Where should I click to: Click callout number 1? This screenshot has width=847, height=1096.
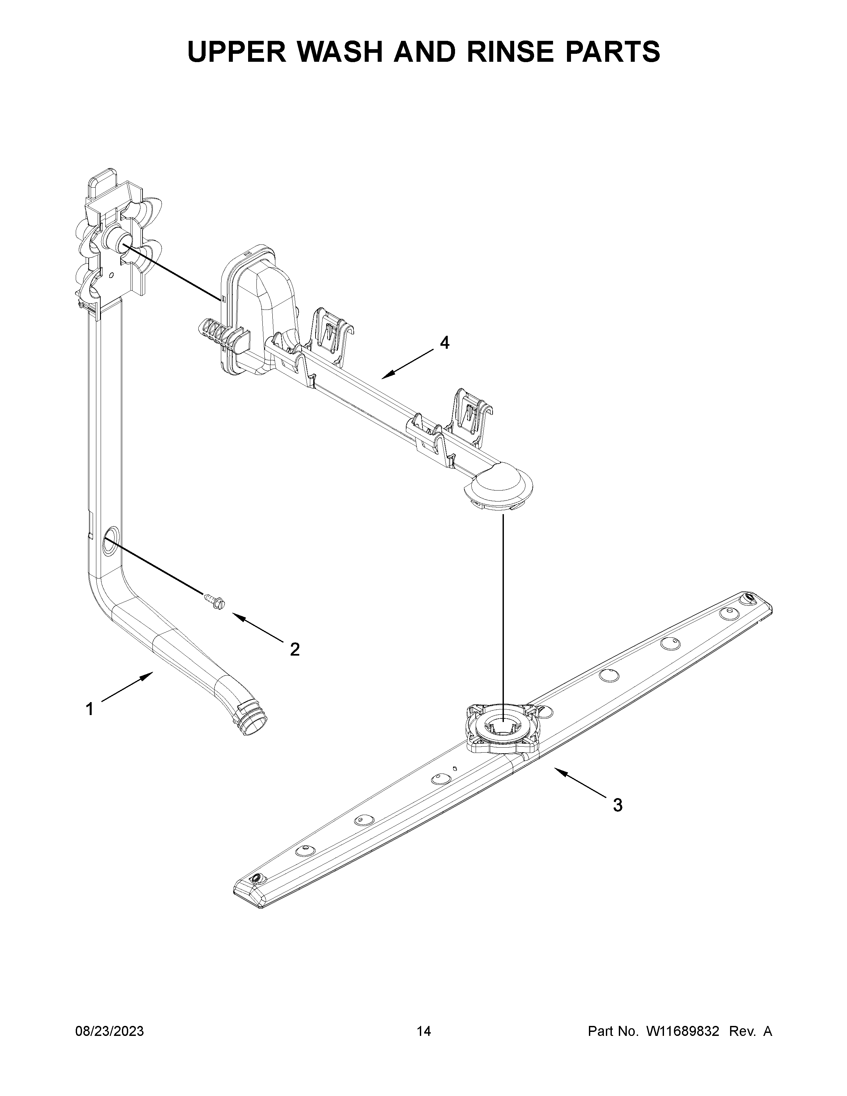[x=89, y=709]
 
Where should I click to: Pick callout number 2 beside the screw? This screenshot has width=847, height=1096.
[x=295, y=649]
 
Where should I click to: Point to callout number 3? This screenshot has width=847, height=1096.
[x=618, y=805]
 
